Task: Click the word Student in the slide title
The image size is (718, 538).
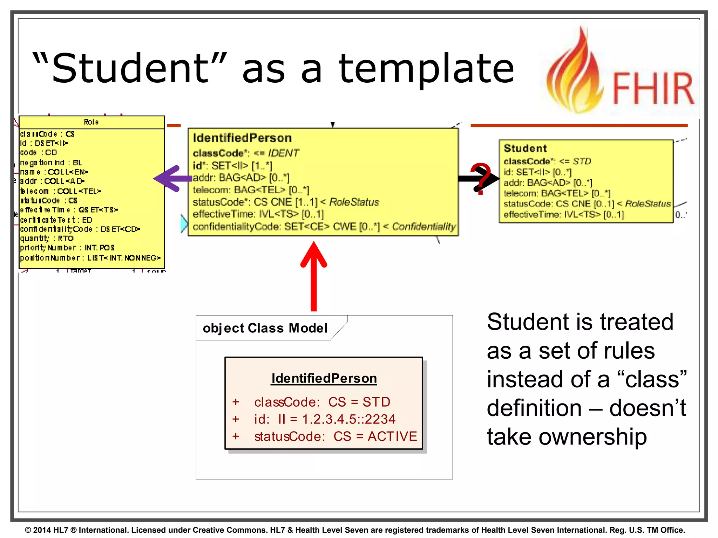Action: (130, 68)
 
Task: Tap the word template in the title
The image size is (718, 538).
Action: (426, 69)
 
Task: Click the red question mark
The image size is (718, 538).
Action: (481, 178)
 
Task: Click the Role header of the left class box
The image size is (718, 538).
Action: (91, 122)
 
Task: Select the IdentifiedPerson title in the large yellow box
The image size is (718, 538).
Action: (242, 138)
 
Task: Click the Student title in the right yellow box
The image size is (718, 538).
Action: (525, 148)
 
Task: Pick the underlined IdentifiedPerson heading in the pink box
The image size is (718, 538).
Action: (324, 378)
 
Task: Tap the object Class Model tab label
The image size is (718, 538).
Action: (265, 328)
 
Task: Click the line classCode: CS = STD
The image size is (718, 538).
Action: (322, 402)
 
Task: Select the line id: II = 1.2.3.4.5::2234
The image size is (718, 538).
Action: (325, 419)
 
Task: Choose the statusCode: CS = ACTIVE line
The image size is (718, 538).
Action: (336, 436)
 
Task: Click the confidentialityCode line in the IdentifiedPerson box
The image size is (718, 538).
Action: (324, 227)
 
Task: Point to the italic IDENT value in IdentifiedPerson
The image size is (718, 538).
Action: (283, 153)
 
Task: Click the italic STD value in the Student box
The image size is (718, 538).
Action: (582, 161)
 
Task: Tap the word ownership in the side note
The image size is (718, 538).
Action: (592, 437)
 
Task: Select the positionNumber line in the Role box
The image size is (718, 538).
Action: (90, 258)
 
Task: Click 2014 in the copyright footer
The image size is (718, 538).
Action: (42, 530)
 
